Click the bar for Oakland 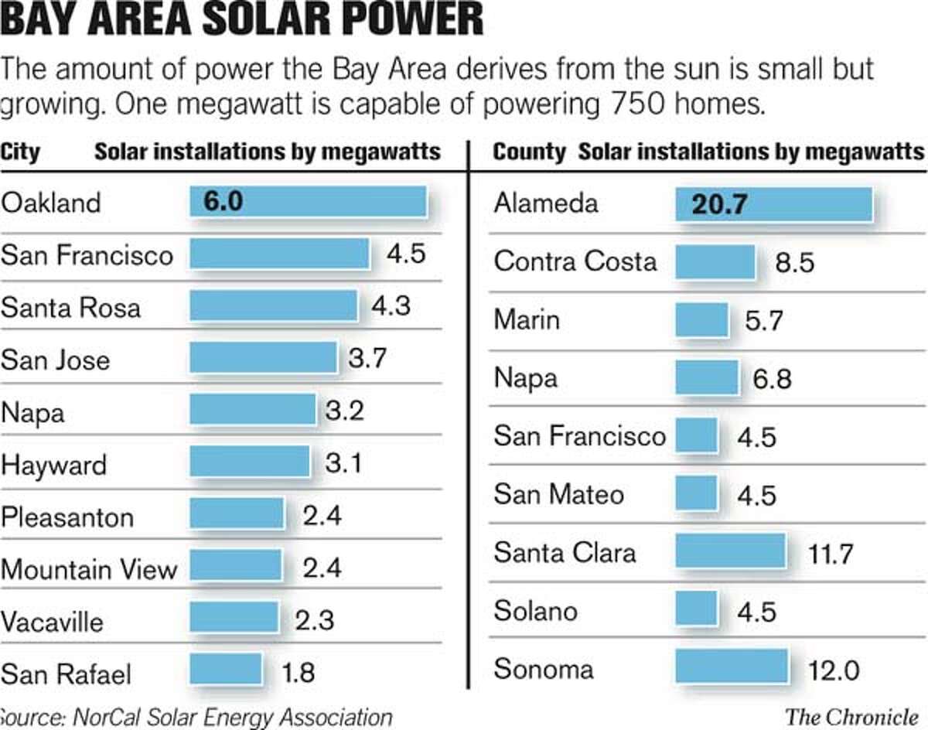click(x=308, y=202)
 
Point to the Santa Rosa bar click(x=274, y=306)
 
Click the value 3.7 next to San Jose click(x=366, y=359)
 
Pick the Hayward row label click(x=54, y=466)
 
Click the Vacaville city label click(x=52, y=621)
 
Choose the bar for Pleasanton click(x=237, y=514)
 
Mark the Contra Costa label click(x=575, y=261)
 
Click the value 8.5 click(x=794, y=263)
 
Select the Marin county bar click(x=702, y=320)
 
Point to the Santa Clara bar click(x=730, y=551)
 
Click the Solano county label click(x=535, y=611)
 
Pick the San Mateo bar click(x=696, y=493)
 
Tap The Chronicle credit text click(x=855, y=716)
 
